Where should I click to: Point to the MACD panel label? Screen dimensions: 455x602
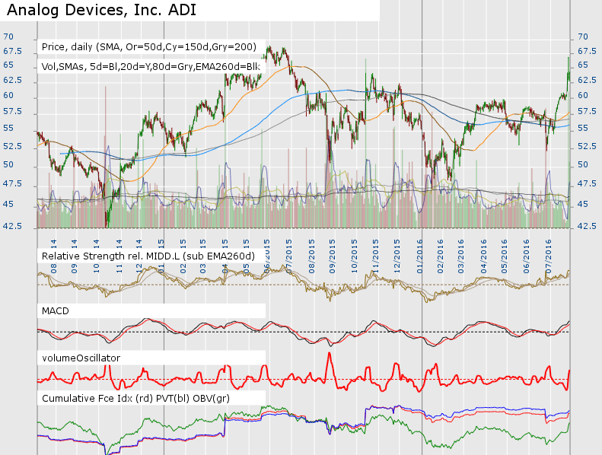tap(58, 311)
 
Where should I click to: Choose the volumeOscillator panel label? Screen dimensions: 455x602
tap(81, 357)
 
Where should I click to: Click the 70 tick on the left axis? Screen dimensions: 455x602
tap(8, 37)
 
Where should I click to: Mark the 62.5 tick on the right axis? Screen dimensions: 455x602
tap(586, 80)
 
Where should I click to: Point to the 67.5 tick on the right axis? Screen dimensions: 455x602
tap(586, 52)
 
